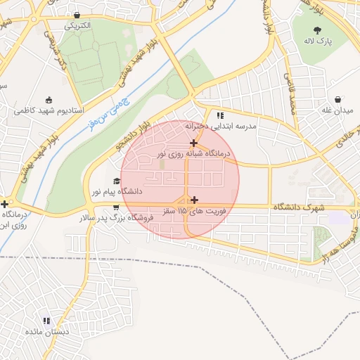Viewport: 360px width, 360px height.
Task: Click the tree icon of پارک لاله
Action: click(x=317, y=30)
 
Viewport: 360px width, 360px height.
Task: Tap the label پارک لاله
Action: click(x=318, y=42)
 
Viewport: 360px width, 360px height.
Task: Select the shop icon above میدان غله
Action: click(x=339, y=99)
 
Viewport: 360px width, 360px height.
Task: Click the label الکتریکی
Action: click(x=78, y=25)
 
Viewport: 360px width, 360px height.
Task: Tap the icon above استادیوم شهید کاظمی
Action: click(x=49, y=99)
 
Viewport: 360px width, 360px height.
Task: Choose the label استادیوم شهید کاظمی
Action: click(x=49, y=111)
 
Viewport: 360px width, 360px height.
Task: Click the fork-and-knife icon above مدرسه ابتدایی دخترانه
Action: click(x=220, y=115)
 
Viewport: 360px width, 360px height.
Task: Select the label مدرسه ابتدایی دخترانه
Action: click(x=221, y=127)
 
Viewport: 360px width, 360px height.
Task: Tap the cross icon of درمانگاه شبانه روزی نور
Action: click(x=194, y=142)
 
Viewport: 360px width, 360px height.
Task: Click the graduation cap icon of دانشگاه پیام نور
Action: click(x=117, y=180)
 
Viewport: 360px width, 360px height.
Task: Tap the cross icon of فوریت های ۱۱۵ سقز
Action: click(x=194, y=200)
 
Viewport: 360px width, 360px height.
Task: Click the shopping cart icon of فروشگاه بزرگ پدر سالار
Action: click(x=115, y=207)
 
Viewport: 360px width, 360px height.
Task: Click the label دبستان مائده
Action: click(x=47, y=331)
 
